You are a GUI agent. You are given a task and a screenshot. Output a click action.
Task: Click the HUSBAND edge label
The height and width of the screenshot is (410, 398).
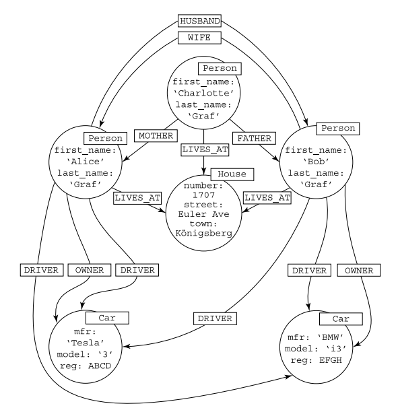tap(199, 22)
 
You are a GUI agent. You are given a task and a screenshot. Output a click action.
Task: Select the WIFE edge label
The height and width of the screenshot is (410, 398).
tap(199, 38)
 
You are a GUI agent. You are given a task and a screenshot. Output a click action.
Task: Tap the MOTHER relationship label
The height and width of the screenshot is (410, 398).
tap(156, 136)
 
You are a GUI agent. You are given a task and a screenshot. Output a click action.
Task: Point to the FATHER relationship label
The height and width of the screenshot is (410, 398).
tap(253, 137)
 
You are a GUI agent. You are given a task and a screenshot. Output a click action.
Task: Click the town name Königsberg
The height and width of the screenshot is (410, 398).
tap(203, 234)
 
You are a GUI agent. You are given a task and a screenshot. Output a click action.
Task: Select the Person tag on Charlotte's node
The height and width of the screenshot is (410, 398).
tap(219, 69)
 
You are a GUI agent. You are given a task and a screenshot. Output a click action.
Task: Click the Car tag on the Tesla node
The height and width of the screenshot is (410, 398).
tap(106, 317)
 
